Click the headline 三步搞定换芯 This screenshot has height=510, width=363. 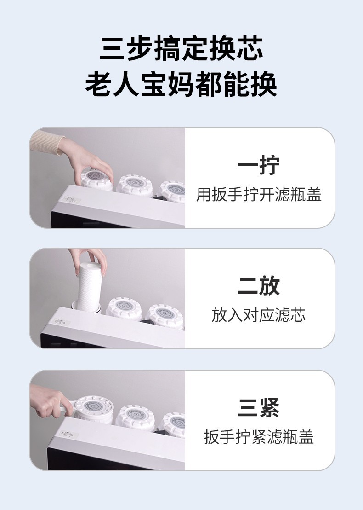(x=181, y=48)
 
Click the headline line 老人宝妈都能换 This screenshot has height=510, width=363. (x=181, y=84)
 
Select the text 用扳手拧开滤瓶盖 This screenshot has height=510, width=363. (x=259, y=195)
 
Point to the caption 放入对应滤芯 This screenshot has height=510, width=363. (x=259, y=315)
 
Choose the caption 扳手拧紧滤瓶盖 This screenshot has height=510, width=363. (x=259, y=436)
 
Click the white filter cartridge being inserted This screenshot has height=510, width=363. (x=90, y=287)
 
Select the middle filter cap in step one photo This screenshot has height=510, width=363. (x=135, y=185)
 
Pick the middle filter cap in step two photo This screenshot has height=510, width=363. (x=124, y=308)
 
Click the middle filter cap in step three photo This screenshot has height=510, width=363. (x=135, y=417)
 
